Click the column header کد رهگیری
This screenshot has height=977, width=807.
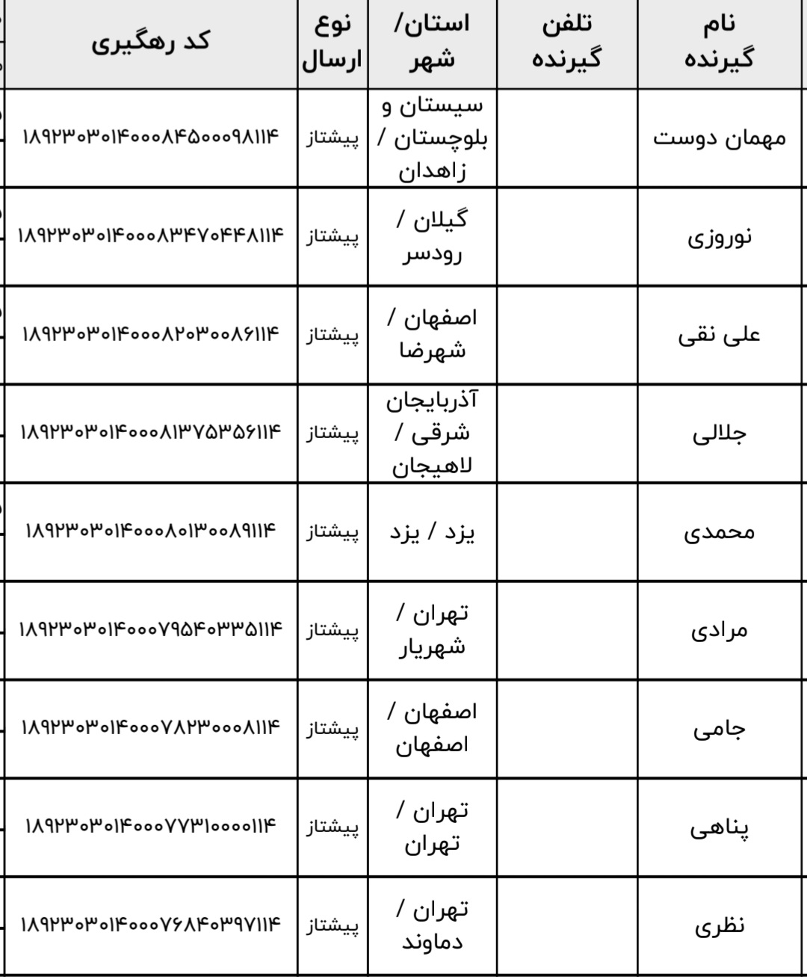coord(150,42)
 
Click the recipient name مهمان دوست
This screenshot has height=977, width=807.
coord(720,138)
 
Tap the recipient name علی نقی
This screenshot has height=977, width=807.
coord(720,334)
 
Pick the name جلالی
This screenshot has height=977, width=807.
coord(720,433)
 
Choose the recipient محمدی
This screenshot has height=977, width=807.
coord(720,531)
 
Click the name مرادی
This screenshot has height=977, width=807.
coord(720,629)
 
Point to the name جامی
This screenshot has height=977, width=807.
coord(720,728)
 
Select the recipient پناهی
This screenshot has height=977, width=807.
coord(720,827)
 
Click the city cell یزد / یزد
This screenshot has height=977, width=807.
coord(432,531)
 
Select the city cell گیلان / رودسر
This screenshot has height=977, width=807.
coord(432,236)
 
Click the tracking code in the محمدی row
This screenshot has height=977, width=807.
coord(150,531)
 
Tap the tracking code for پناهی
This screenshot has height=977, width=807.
coord(150,827)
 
